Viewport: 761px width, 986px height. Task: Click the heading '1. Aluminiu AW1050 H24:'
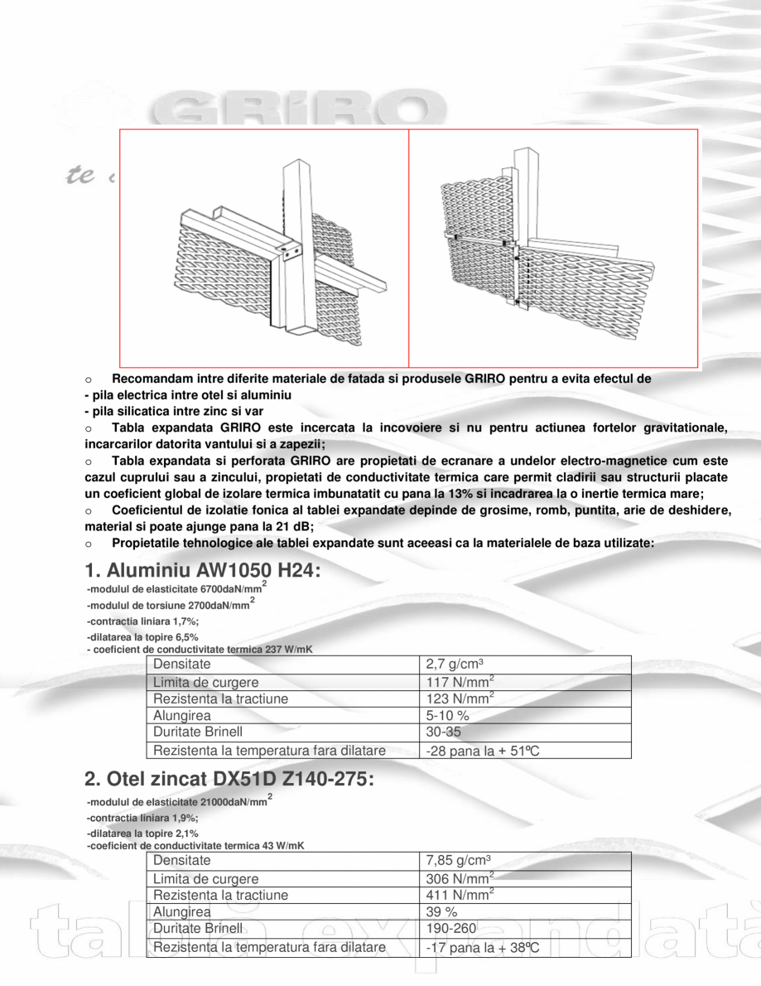203,571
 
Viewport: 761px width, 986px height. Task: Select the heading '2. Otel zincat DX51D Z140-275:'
229,780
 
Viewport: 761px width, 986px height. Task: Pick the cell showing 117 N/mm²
460,682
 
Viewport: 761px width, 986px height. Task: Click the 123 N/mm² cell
460,698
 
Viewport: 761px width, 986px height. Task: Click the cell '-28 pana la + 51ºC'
483,751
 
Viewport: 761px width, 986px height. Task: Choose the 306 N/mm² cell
460,878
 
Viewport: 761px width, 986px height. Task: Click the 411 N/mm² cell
460,895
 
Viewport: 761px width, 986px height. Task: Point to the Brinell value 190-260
451,929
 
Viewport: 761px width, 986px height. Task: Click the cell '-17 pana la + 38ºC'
483,947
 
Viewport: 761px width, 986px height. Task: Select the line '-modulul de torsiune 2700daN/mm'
168,606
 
